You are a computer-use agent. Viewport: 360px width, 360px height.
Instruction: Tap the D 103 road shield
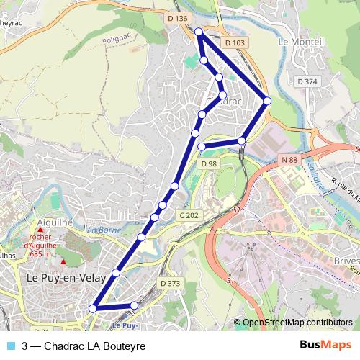click(235, 43)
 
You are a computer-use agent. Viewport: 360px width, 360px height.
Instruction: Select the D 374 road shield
click(307, 82)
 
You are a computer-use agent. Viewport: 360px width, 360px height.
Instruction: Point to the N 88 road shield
click(290, 159)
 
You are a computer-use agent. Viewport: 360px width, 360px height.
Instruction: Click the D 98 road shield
click(209, 164)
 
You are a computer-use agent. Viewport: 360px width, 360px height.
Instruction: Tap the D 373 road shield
click(171, 283)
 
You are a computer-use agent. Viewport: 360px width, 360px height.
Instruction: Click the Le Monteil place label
click(298, 42)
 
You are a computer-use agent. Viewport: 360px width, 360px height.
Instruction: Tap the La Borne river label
click(102, 230)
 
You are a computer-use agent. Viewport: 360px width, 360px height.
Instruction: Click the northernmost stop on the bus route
click(199, 31)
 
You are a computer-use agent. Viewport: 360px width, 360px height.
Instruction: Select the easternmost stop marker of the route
click(267, 101)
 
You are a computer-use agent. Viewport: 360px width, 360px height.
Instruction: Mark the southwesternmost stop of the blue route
click(92, 308)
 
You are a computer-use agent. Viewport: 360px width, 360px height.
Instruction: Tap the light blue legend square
click(9, 346)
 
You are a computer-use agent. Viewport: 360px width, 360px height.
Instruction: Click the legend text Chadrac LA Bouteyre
click(84, 346)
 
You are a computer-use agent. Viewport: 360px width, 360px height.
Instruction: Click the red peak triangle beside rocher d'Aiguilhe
click(41, 230)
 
